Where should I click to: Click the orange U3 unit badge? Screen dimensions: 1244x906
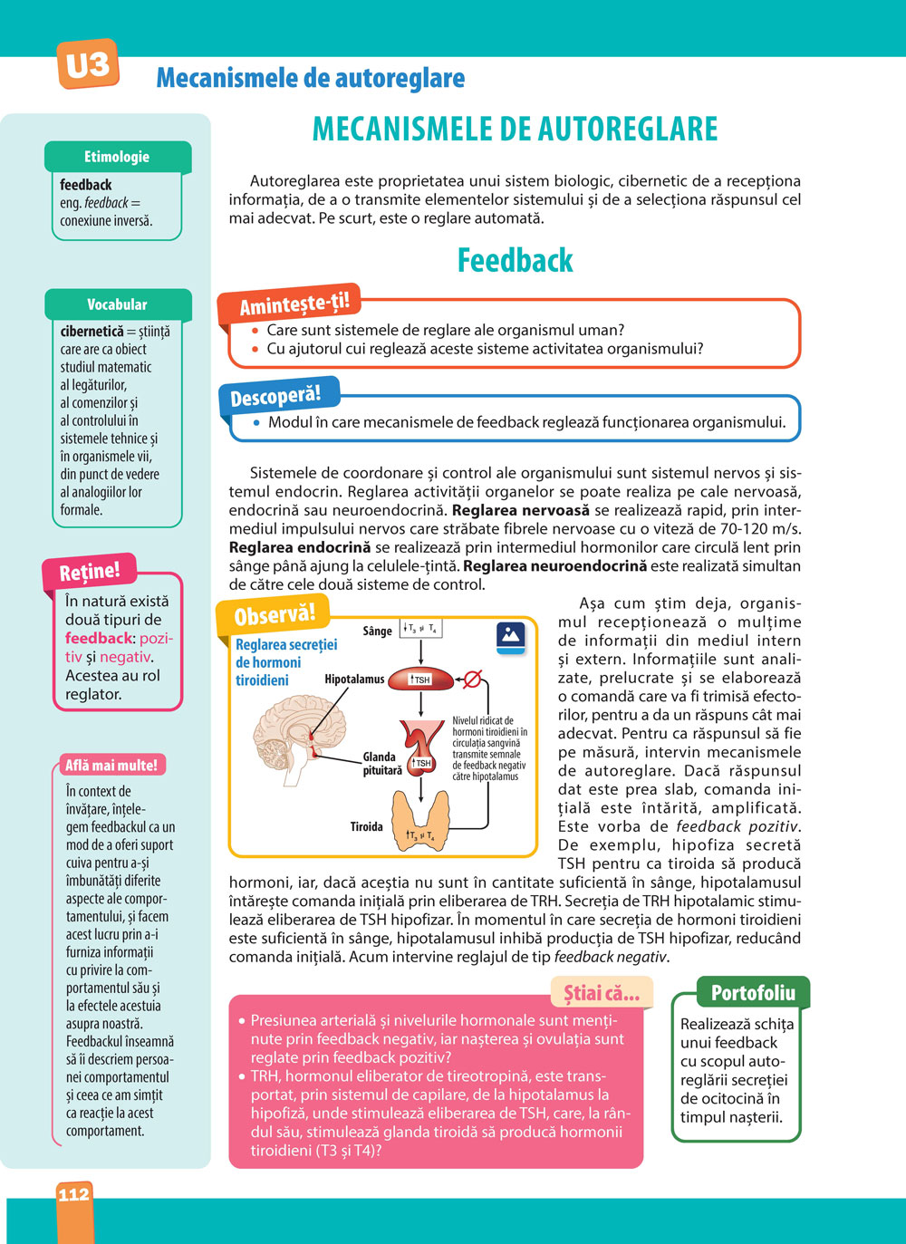[88, 64]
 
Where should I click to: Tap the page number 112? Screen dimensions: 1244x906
[74, 1194]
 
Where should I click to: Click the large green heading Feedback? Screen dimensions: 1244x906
[515, 261]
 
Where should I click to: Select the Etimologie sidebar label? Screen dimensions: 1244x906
[117, 157]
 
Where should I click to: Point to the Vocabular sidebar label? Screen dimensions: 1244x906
[117, 304]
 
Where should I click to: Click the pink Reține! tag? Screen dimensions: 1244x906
[89, 572]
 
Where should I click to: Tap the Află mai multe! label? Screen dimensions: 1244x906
[111, 766]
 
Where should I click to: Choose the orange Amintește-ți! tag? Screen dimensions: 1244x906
[294, 304]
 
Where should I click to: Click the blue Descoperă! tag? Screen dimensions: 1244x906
[275, 397]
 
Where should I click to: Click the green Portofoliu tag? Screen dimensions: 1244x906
[753, 993]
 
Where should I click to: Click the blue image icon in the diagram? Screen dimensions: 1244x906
[511, 636]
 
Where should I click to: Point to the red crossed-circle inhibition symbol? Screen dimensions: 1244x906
[473, 679]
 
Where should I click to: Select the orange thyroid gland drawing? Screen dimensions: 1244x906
[420, 820]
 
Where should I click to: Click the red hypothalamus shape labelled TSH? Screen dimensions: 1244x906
[420, 679]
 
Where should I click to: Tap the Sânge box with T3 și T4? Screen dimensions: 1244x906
[420, 629]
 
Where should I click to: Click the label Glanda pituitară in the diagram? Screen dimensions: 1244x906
[381, 763]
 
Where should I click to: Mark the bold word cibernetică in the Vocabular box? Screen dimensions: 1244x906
[92, 332]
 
